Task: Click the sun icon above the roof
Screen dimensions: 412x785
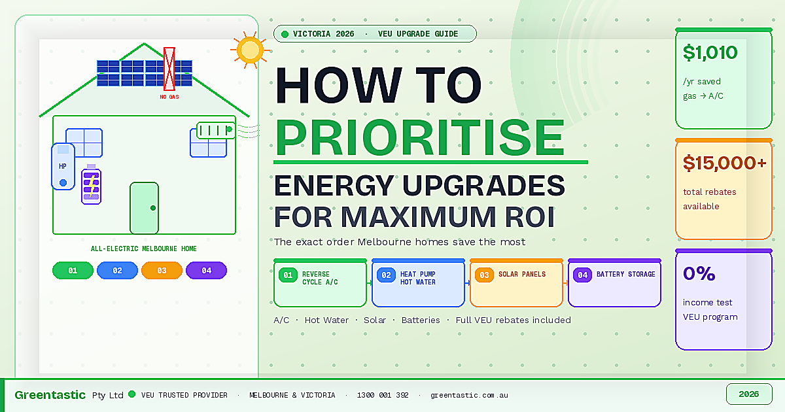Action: tap(250, 50)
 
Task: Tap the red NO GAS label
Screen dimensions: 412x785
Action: tap(169, 97)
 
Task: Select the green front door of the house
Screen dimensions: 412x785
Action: tap(145, 208)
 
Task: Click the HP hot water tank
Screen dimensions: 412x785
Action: tap(63, 167)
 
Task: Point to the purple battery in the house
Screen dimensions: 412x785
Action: tap(91, 185)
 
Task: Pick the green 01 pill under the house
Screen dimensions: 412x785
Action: tap(73, 270)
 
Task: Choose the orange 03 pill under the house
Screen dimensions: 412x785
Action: tap(162, 270)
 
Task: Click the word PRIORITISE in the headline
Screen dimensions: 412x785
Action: tap(420, 135)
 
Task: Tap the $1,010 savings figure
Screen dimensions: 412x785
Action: tap(710, 53)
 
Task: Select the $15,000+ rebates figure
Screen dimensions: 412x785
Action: tap(724, 163)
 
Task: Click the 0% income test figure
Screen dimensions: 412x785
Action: tap(699, 273)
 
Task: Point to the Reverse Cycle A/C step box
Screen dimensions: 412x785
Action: tap(321, 283)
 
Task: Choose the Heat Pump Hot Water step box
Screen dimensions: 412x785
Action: tap(419, 283)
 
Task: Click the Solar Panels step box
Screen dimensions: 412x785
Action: tap(516, 283)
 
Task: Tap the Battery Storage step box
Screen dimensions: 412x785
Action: tap(614, 283)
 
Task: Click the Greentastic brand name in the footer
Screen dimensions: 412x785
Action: tap(50, 395)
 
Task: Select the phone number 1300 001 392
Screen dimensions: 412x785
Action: tap(383, 395)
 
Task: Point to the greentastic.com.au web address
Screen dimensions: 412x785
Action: tap(469, 395)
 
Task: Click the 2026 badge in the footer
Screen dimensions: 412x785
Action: tap(749, 394)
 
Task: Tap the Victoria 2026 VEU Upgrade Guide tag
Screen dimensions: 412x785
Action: tap(375, 34)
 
